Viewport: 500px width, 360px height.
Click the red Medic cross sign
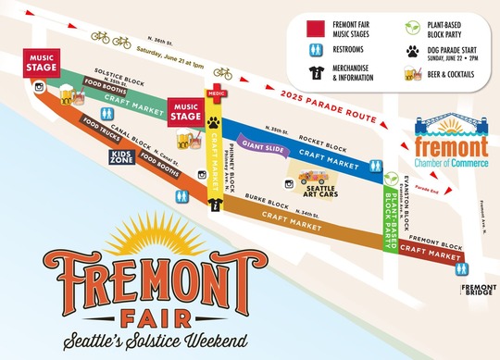click(216, 93)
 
